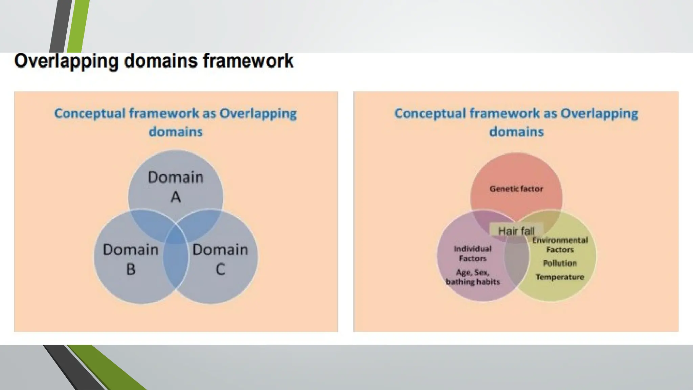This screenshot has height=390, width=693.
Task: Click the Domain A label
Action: coord(176,187)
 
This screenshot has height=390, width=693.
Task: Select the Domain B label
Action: coord(131,259)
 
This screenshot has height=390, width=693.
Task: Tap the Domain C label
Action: coord(220,259)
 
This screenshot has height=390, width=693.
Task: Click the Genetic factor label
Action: coord(516,189)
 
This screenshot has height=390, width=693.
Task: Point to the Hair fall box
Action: coord(516,231)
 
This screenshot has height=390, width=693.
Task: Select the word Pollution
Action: coord(560,263)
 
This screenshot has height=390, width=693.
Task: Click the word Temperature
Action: coord(560,277)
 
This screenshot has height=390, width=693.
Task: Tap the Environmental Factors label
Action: coord(560,245)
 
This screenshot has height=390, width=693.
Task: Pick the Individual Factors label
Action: coord(473,254)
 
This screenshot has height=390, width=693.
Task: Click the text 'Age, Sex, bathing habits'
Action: coord(473,277)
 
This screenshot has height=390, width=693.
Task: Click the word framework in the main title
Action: coord(248,61)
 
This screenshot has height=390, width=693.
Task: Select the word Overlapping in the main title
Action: coord(66,61)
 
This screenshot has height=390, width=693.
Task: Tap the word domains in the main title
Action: coord(161,61)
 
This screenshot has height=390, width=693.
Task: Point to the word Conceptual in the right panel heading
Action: coord(430,113)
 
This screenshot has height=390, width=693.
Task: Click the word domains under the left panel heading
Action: coord(176,131)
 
